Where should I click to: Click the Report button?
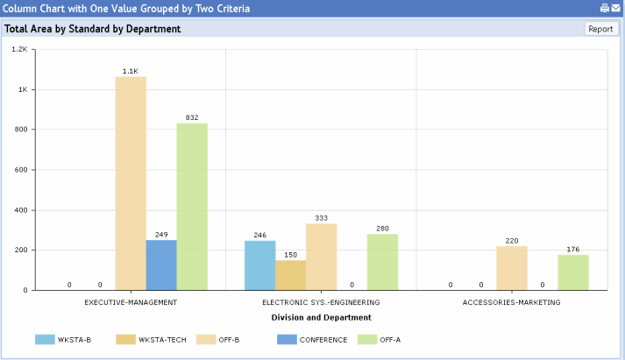point(600,29)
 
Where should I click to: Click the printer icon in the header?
point(604,8)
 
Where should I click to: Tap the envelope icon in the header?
point(615,8)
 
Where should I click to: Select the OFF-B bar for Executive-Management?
point(131,183)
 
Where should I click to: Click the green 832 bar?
point(192,207)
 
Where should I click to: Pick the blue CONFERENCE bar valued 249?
point(161,265)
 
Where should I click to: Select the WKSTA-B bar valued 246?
point(259,265)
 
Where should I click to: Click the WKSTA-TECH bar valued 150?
point(290,275)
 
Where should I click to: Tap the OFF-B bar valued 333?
point(321,257)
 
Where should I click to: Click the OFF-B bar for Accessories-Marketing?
point(512,268)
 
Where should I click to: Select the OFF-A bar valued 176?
point(572,272)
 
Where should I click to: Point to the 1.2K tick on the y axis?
point(19,50)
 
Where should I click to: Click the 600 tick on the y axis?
point(20,170)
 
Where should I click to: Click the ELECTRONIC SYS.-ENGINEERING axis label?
point(321,302)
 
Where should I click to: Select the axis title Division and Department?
point(321,317)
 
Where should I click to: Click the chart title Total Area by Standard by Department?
point(93,29)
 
